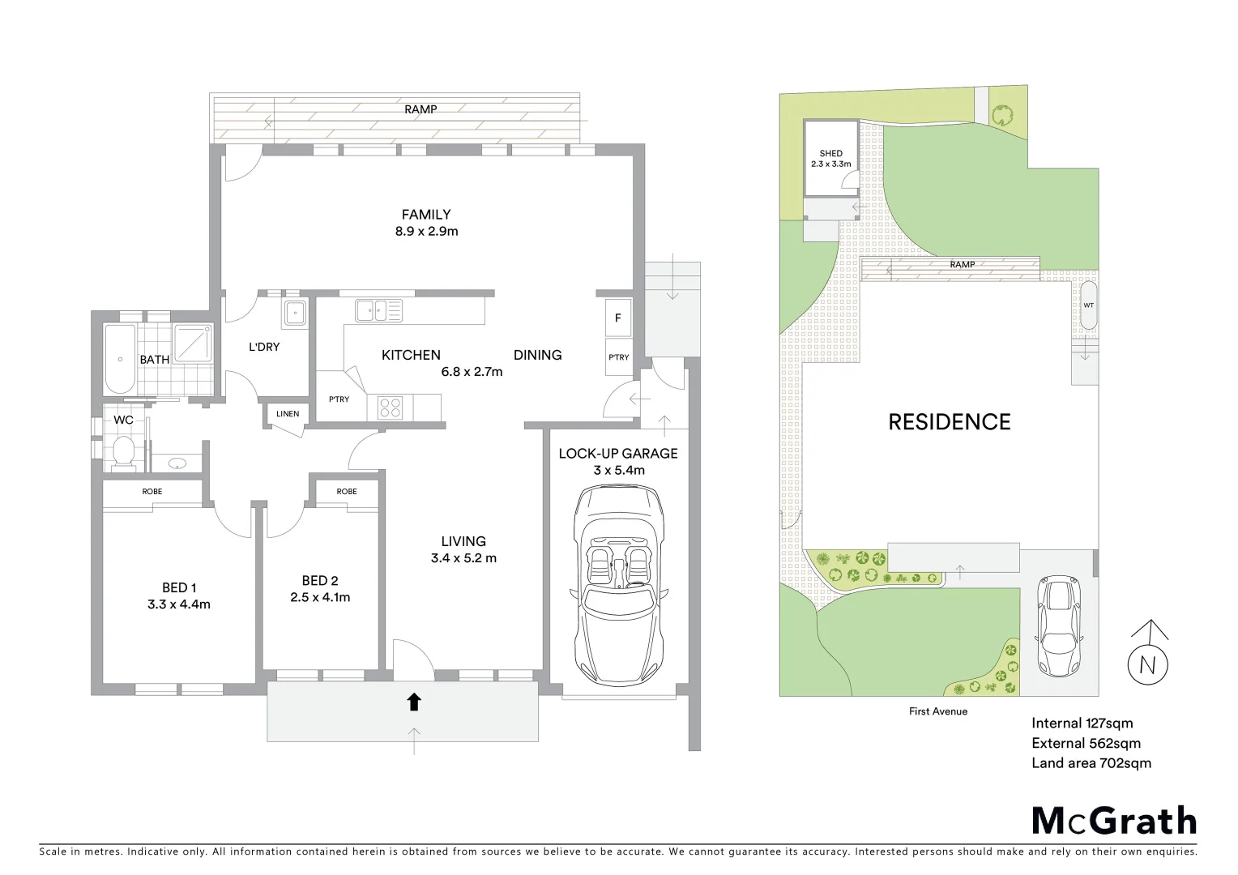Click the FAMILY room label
click(x=426, y=215)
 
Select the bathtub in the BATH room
click(x=120, y=358)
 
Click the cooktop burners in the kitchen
click(x=391, y=407)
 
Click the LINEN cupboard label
click(x=288, y=414)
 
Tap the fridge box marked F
click(x=618, y=318)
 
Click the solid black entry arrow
click(x=414, y=702)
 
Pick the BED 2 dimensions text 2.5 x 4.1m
click(x=320, y=598)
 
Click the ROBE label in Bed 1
click(x=152, y=492)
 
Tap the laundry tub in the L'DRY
click(x=295, y=312)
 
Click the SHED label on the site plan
click(x=830, y=153)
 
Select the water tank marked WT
click(x=1088, y=305)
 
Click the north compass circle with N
click(x=1148, y=664)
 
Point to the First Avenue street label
click(x=937, y=711)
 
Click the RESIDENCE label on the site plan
click(x=949, y=422)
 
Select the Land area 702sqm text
click(x=1091, y=762)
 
